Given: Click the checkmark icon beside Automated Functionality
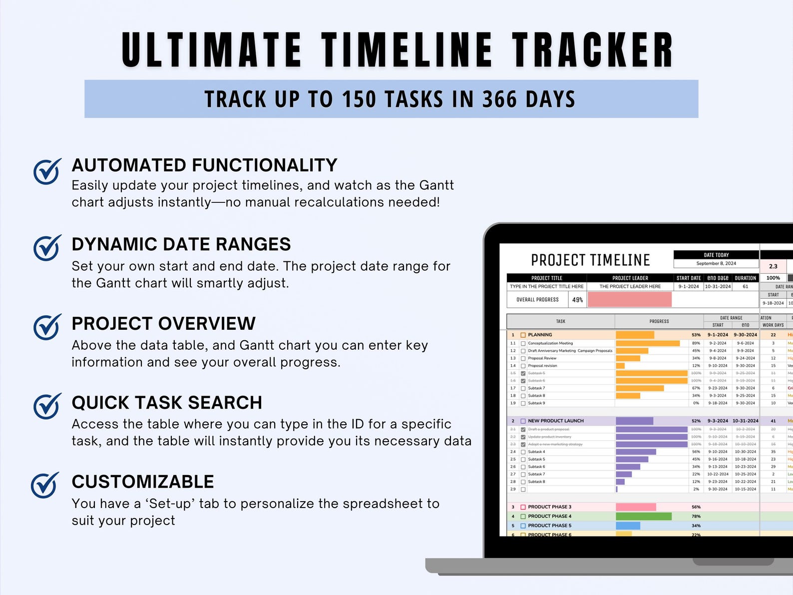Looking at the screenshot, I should [x=47, y=171].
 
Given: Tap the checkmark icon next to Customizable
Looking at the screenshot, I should [x=45, y=485].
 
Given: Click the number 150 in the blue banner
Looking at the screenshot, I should [x=359, y=99].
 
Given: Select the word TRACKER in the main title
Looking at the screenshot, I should [x=592, y=50].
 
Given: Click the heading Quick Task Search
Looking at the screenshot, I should [x=167, y=403].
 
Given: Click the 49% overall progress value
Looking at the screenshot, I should [x=577, y=300].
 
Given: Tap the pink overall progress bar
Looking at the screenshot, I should [x=629, y=299].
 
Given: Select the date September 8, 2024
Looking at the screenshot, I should [x=716, y=263].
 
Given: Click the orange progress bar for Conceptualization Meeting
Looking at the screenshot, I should [x=647, y=343].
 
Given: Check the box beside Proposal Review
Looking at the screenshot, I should [x=523, y=358].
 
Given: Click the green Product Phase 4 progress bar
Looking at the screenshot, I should [x=643, y=516].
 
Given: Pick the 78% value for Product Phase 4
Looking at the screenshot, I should [x=696, y=516].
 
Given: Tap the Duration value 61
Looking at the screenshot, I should [x=745, y=286].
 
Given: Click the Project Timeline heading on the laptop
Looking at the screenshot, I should [x=590, y=260].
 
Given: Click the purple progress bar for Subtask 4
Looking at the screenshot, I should [x=636, y=452].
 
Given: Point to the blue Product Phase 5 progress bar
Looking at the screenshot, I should [x=628, y=526].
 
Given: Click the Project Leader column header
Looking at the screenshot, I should [x=630, y=278].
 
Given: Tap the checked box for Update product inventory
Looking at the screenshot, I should [x=523, y=437].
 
